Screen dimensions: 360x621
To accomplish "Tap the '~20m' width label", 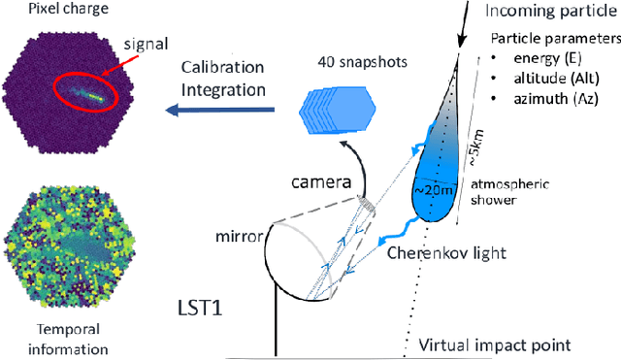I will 438,192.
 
